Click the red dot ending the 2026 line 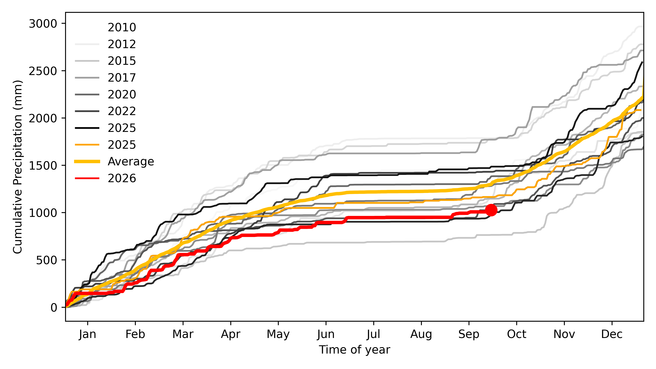491,210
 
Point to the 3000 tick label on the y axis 43,24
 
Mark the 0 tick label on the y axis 54,308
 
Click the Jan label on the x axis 88,334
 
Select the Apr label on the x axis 230,334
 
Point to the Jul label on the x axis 374,334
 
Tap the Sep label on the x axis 469,334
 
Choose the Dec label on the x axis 612,334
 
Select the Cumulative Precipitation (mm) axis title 18,167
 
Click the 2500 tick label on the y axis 43,71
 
